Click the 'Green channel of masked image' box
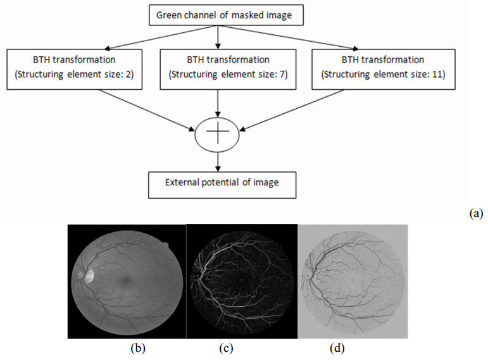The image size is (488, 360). coord(218,15)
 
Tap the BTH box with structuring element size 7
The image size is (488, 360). coord(218,68)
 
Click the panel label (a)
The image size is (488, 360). coord(476,214)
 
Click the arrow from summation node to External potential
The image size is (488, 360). coord(218,160)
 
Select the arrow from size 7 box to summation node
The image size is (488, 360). coord(218,104)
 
